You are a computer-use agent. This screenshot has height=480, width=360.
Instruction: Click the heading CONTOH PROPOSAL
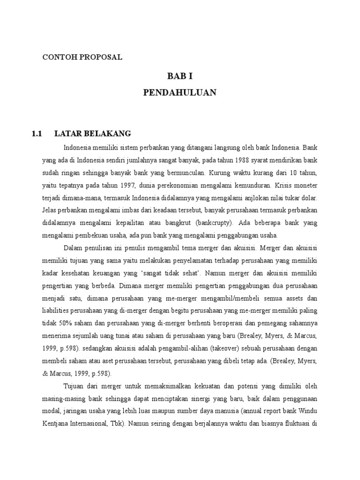[82, 57]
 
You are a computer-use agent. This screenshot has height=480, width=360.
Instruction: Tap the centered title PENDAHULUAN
[180, 93]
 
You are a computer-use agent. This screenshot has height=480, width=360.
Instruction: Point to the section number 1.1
[37, 134]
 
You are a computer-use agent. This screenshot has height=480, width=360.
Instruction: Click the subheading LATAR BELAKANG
[93, 134]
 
